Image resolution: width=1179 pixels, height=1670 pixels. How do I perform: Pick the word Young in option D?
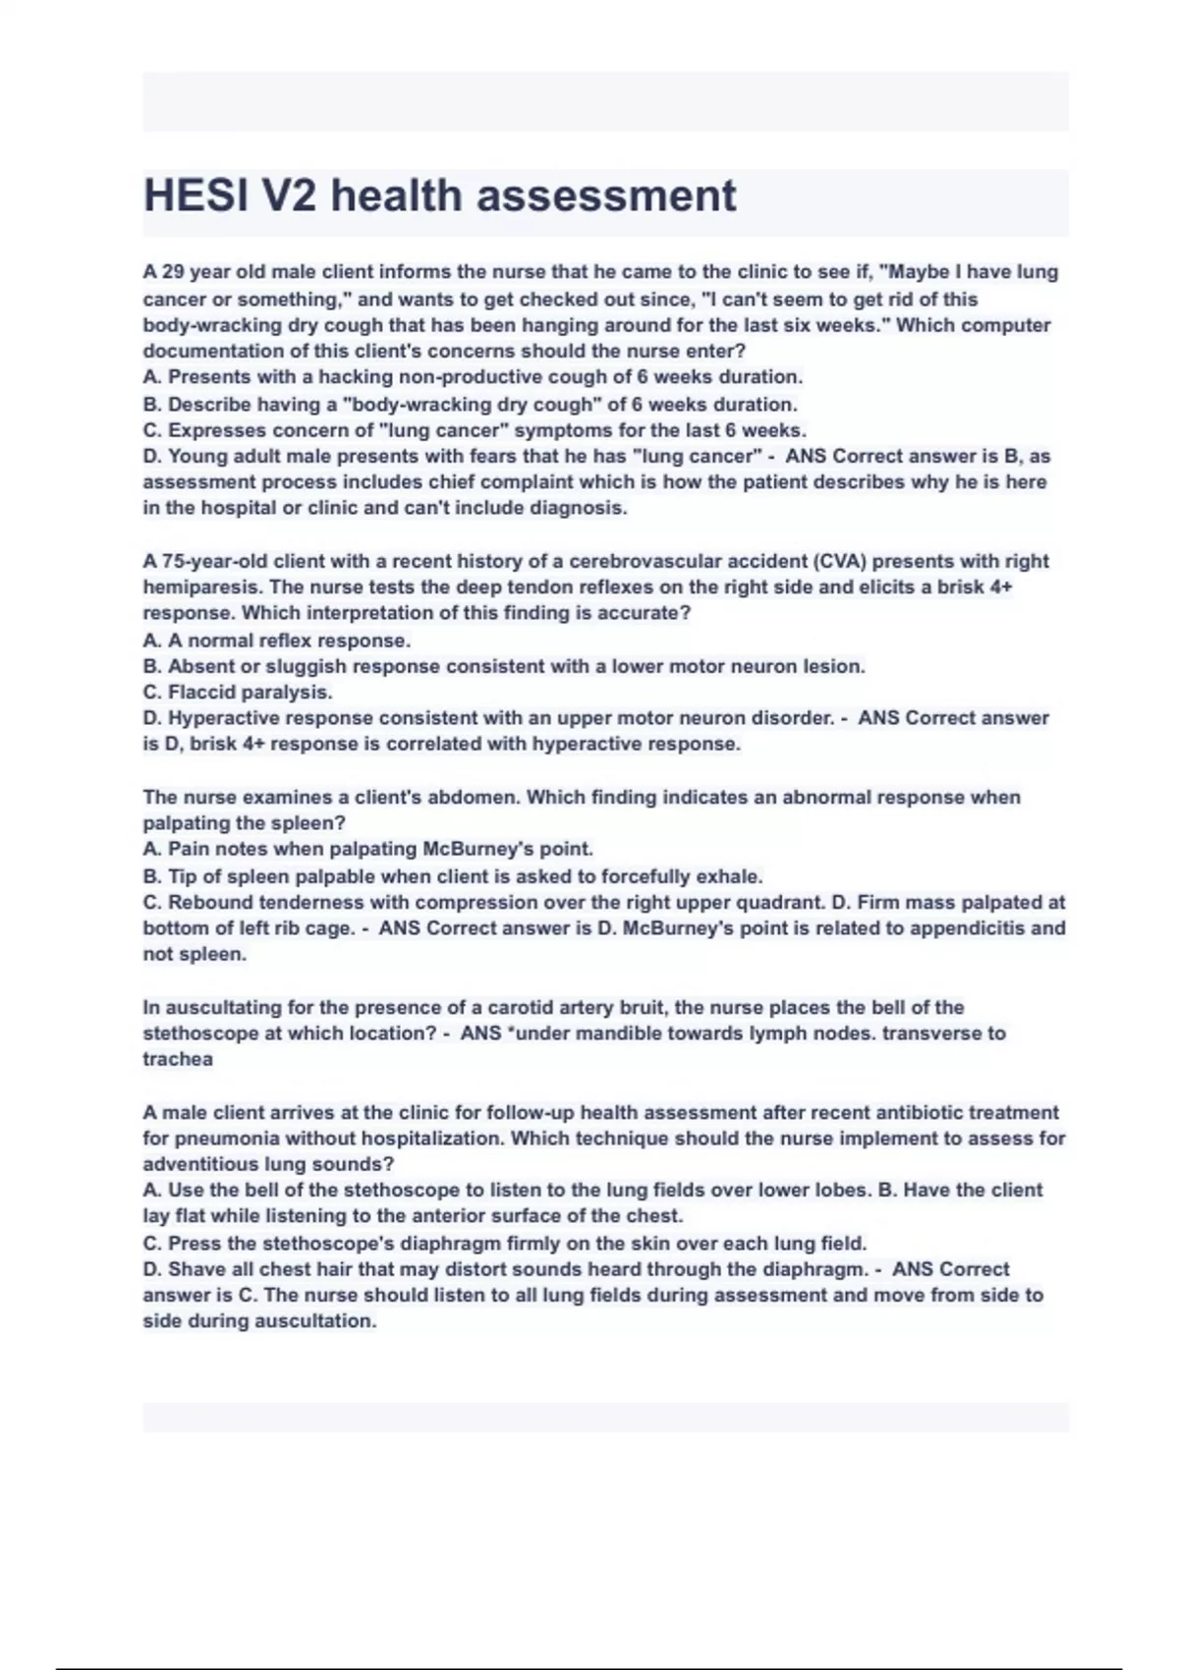tap(197, 457)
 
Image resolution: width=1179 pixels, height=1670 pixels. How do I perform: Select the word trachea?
tap(178, 1060)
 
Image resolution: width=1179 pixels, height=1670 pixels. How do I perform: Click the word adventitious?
tap(201, 1165)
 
